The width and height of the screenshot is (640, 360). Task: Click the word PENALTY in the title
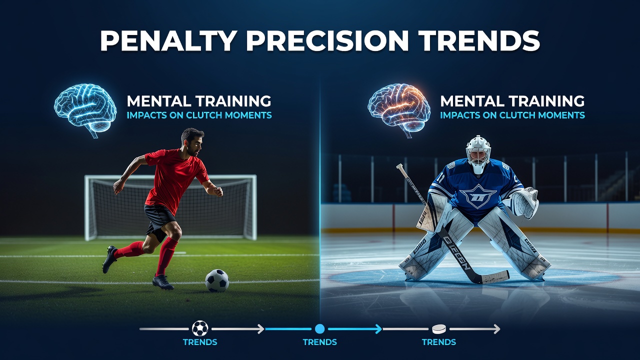[168, 40]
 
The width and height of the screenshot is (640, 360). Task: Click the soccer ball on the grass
[217, 280]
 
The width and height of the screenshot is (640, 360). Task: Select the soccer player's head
[192, 141]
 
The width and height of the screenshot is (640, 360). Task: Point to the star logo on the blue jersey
[478, 196]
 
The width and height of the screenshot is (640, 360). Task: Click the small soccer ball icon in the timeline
[200, 328]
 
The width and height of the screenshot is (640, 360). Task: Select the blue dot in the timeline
[319, 329]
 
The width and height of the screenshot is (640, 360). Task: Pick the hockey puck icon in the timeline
[439, 329]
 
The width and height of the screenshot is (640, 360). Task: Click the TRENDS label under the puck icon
[439, 342]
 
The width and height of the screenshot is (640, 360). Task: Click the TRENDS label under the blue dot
[319, 342]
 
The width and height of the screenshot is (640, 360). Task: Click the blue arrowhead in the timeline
[378, 329]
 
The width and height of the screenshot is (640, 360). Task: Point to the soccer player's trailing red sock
[130, 250]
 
